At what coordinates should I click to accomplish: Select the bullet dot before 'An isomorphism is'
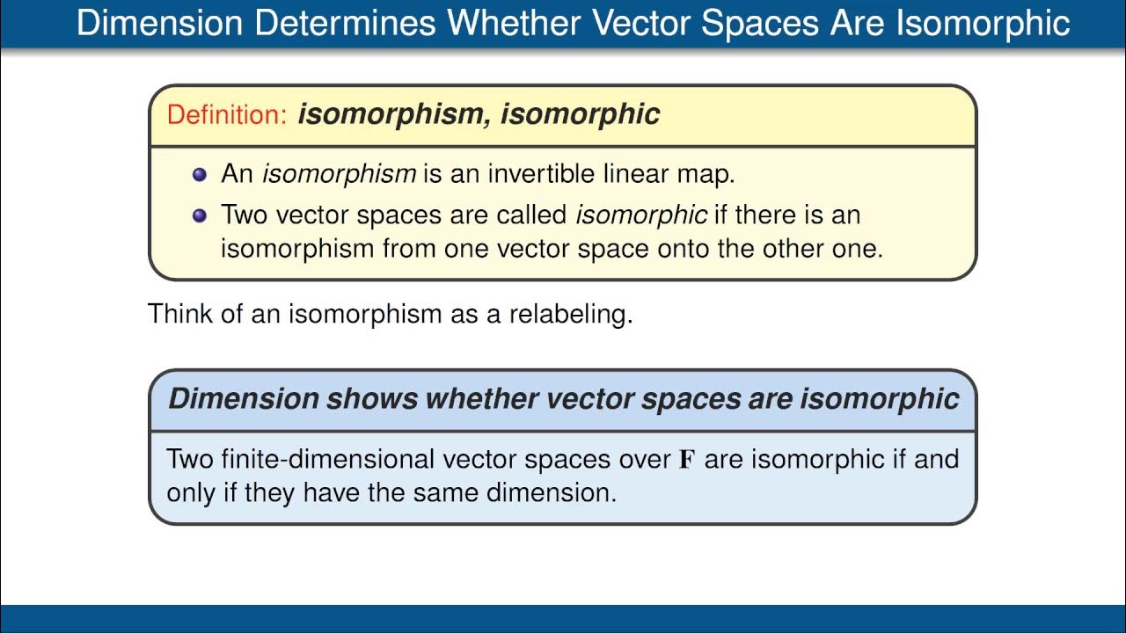click(199, 174)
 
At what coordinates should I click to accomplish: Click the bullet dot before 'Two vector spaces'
click(199, 215)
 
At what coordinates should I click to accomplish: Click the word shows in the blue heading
click(371, 398)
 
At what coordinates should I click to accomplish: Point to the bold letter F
click(687, 459)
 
